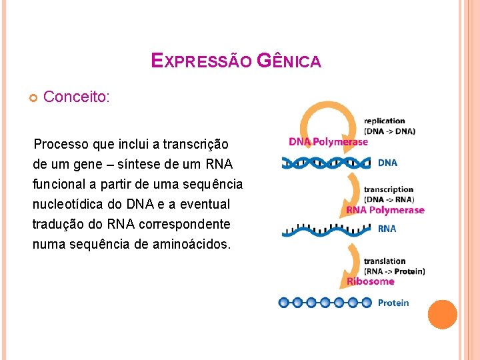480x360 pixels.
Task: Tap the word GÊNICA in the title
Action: tap(289, 61)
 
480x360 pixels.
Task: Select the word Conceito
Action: tap(76, 97)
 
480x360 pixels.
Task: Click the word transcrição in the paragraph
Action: tap(195, 144)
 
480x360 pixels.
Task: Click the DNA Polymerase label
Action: tap(328, 141)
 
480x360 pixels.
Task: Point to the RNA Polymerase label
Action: tap(385, 211)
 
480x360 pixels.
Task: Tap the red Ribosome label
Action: tap(370, 281)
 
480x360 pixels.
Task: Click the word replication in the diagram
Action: tap(385, 121)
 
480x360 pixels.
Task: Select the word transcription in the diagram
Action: tap(389, 190)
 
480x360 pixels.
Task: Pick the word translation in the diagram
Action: tap(385, 261)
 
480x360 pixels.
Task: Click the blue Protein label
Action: tap(393, 303)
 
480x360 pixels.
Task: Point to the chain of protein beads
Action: tap(325, 303)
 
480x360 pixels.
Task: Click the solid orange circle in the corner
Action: tap(442, 315)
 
